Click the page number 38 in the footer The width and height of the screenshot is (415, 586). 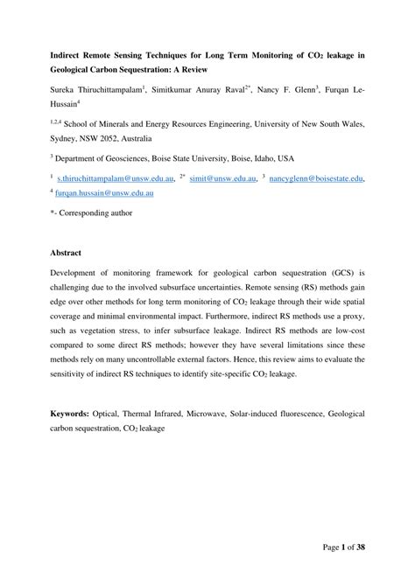[x=357, y=547]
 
